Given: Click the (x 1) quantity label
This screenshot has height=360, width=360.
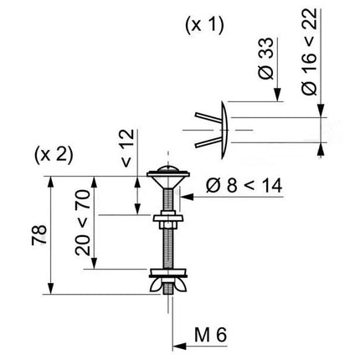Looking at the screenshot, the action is coord(204,25).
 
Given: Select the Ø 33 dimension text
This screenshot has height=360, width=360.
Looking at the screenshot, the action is coord(265,59).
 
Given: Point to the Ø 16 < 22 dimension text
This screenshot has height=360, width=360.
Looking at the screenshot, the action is coord(309,52).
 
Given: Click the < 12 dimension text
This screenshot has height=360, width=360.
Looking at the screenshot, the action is coord(128,148).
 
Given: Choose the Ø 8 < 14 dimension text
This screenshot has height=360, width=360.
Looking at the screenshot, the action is coord(244,186).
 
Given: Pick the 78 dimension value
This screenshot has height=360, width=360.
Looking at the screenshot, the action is coord(39,234).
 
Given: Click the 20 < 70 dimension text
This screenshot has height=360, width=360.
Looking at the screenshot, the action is coord(83,223).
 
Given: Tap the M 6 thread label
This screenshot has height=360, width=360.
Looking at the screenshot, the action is coord(210,335).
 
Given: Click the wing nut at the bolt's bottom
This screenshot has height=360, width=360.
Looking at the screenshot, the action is coord(168,285).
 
